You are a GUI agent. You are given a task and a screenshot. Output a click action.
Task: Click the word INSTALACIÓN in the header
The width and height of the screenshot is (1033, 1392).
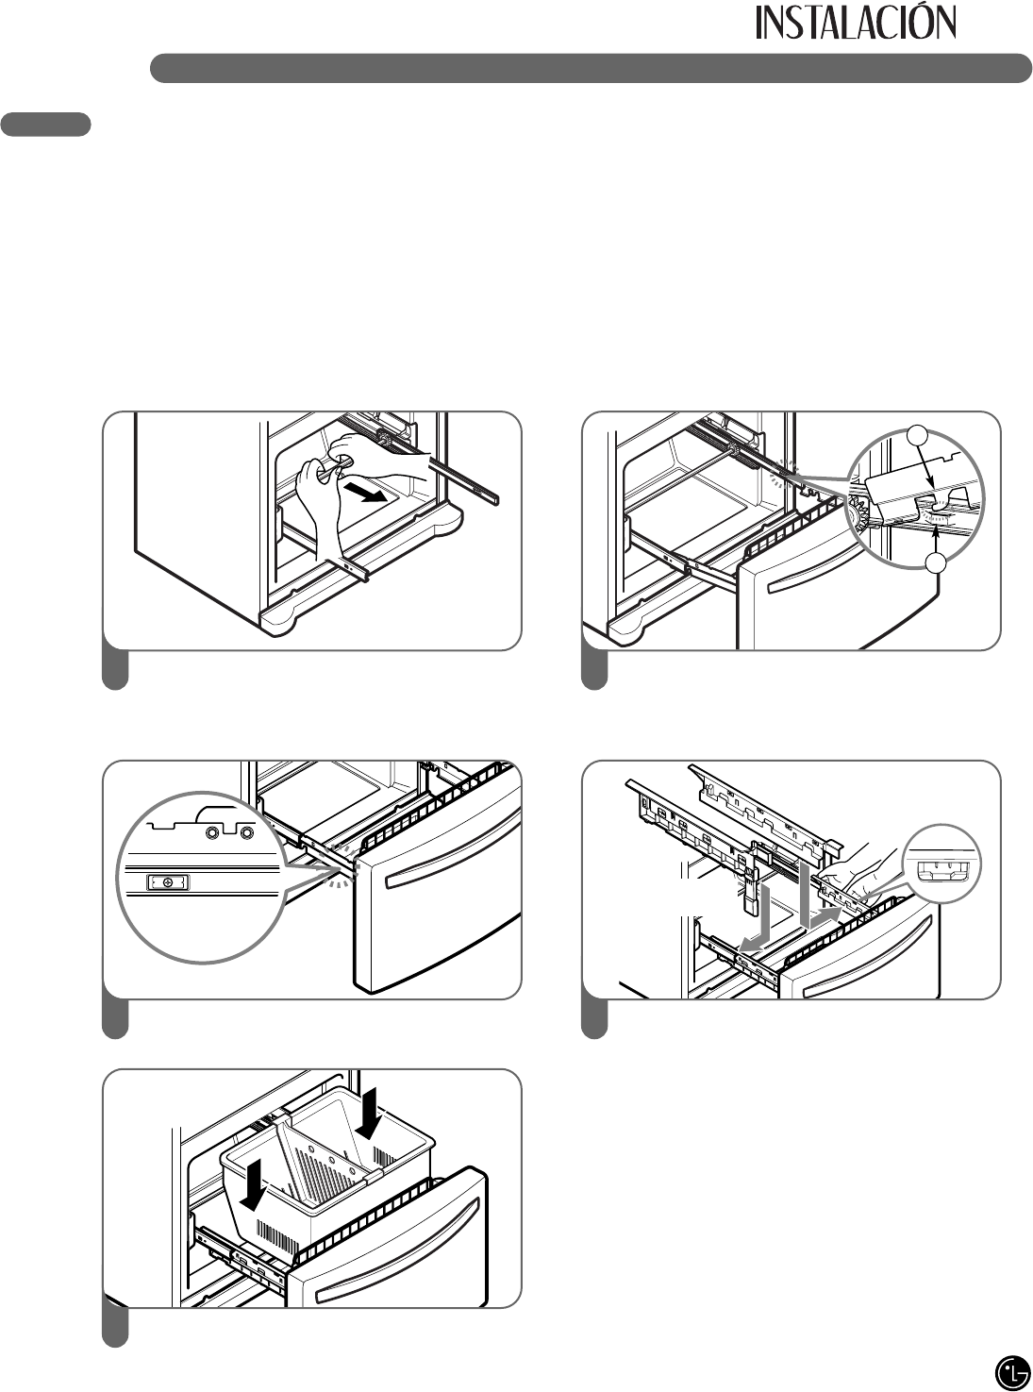tap(856, 25)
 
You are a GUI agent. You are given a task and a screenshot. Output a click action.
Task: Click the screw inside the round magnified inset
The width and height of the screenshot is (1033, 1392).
tap(168, 882)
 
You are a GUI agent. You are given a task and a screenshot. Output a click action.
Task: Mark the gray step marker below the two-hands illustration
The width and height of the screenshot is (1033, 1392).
tap(115, 670)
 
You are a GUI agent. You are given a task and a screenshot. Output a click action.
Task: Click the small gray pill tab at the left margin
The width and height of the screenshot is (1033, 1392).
tap(46, 125)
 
